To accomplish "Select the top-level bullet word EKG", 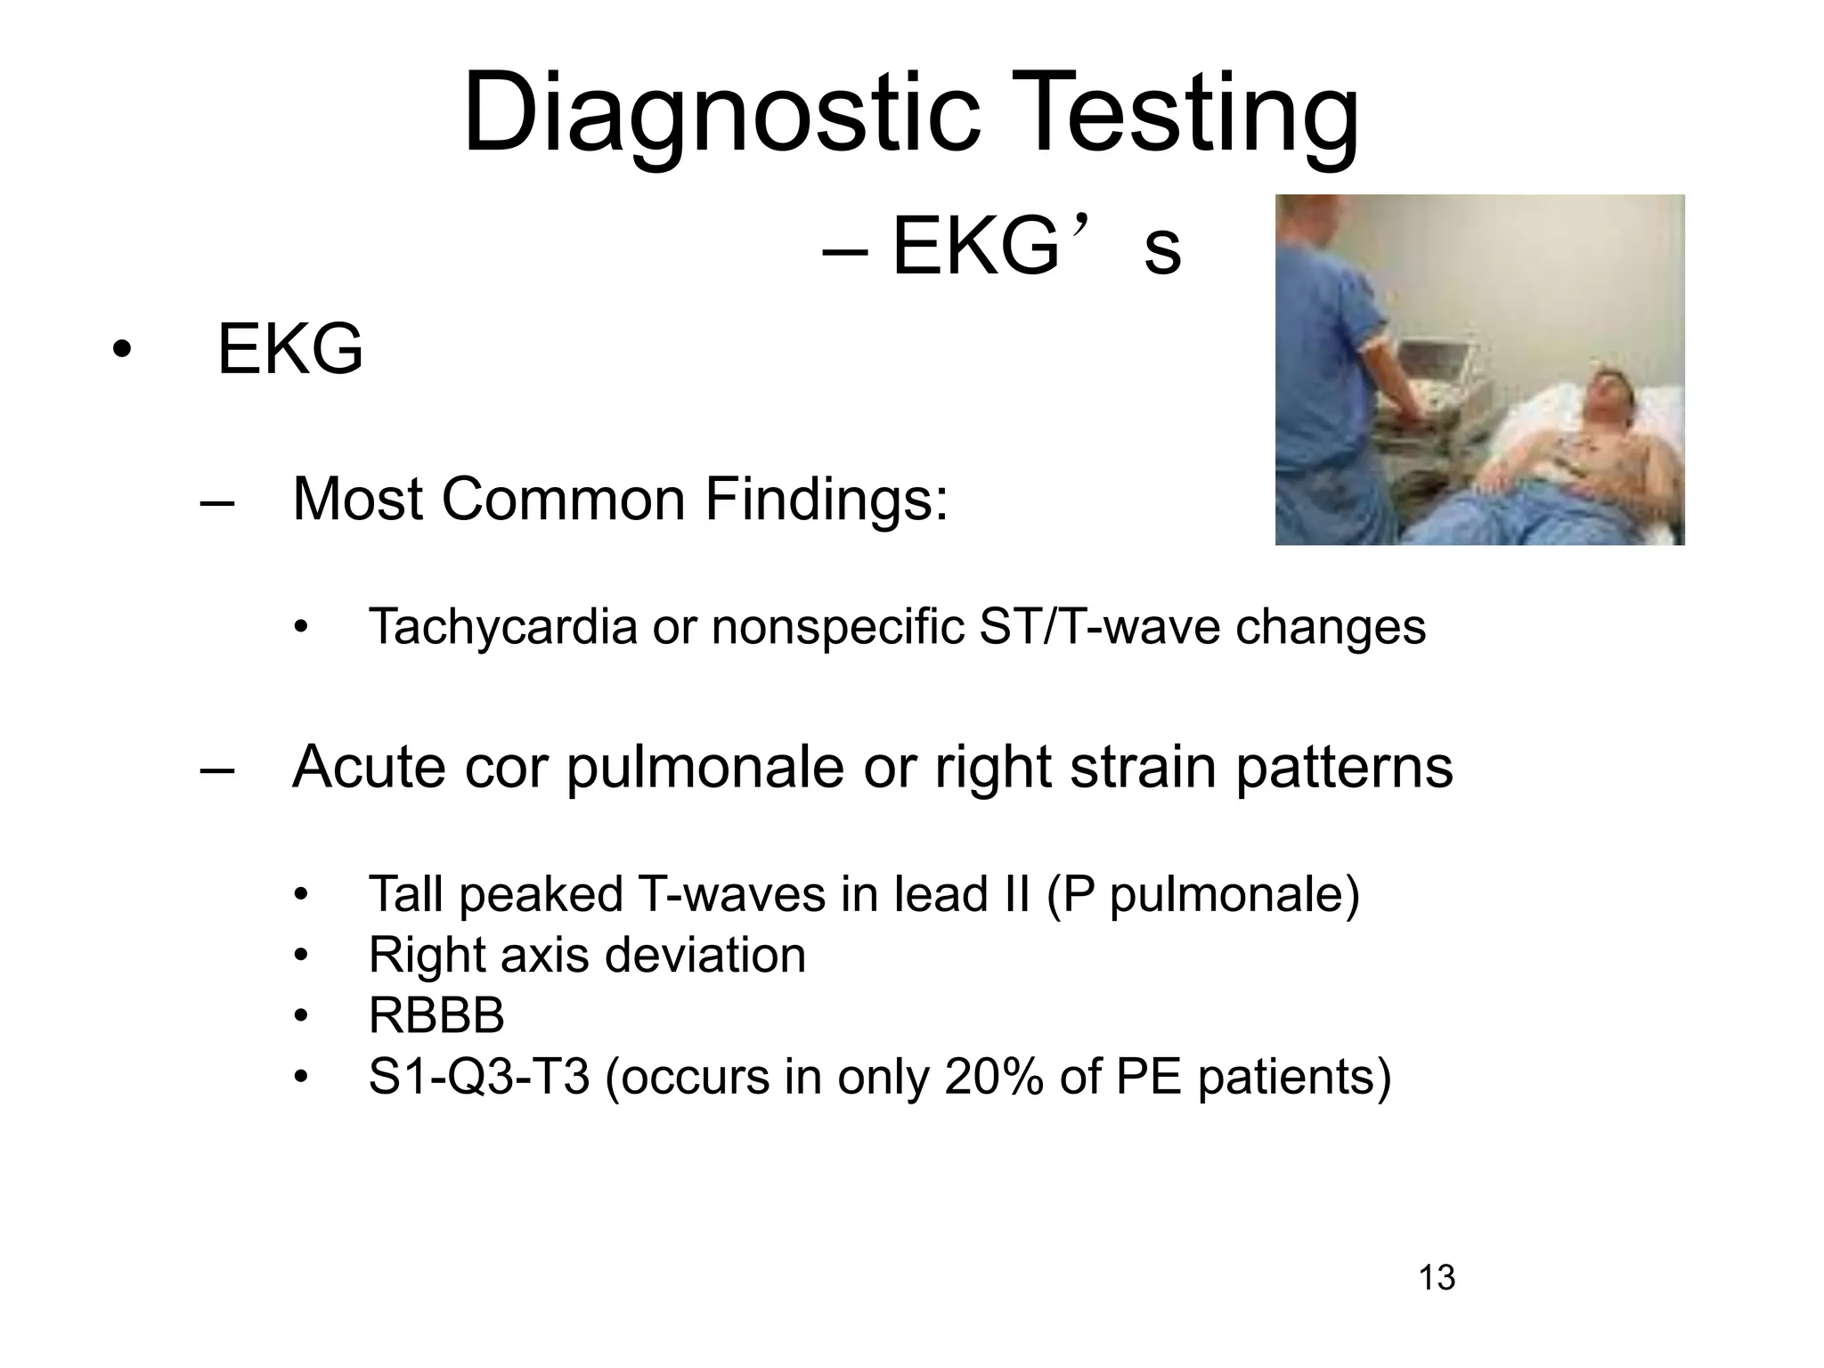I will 290,350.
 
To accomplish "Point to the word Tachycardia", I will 502,626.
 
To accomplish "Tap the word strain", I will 1143,767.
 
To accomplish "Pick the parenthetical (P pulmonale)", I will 1202,894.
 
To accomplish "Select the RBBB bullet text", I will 436,1016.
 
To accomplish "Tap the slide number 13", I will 1437,1278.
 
